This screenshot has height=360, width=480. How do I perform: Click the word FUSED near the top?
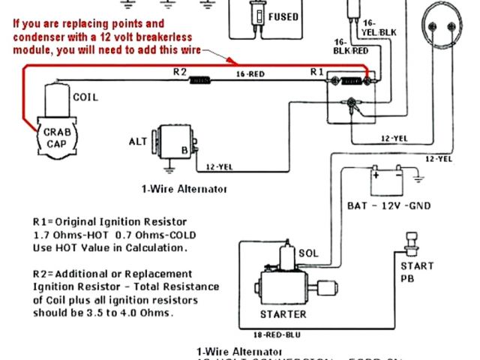pyautogui.click(x=283, y=17)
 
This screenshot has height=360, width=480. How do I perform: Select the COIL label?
pyautogui.click(x=85, y=97)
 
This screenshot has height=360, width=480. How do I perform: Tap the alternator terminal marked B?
pyautogui.click(x=182, y=148)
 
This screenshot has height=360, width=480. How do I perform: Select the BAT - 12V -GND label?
pyautogui.click(x=388, y=205)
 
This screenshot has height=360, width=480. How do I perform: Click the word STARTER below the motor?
pyautogui.click(x=283, y=314)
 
